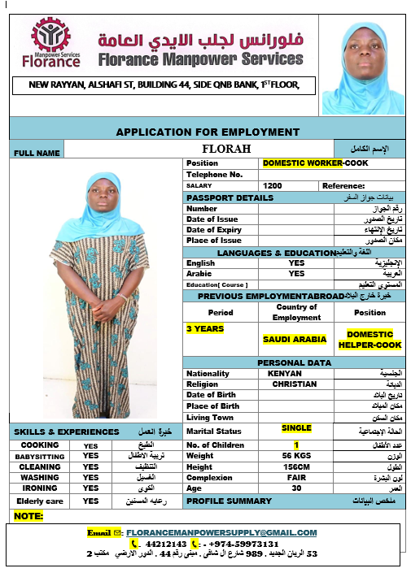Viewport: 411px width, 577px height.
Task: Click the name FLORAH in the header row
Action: click(x=226, y=150)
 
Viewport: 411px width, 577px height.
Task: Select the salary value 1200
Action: click(x=273, y=186)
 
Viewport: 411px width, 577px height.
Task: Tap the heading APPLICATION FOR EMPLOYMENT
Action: click(x=208, y=132)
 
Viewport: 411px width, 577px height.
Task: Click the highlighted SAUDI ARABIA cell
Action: click(x=288, y=339)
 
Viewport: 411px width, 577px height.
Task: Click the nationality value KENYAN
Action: click(x=284, y=374)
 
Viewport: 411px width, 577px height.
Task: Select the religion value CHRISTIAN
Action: click(x=294, y=384)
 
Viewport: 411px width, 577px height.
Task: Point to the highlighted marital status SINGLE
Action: click(x=297, y=428)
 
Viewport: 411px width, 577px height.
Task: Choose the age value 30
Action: click(x=296, y=489)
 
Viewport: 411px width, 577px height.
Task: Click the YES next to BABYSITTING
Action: click(x=90, y=456)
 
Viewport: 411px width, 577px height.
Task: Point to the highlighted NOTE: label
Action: click(x=28, y=516)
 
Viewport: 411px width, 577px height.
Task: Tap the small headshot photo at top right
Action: click(x=362, y=68)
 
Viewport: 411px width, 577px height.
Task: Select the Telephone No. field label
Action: click(x=215, y=175)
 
